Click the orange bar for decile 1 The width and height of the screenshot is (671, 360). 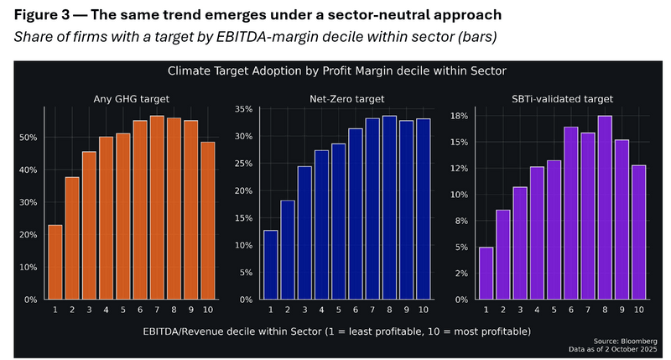(55, 262)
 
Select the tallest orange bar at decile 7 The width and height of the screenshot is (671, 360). (157, 207)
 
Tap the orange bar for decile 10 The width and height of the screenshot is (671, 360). (208, 221)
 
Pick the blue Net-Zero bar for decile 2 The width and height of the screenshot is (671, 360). (288, 250)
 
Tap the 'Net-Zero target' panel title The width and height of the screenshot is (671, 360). (346, 99)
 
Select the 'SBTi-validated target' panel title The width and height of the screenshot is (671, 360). (562, 99)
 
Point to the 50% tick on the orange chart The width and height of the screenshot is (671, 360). (29, 138)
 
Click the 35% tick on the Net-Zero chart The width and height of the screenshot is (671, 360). (244, 110)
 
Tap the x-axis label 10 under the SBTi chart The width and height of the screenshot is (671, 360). (638, 310)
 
